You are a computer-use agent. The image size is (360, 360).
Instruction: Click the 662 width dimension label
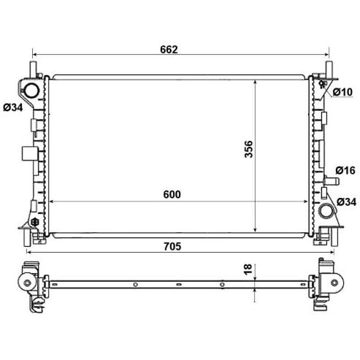pos(169,50)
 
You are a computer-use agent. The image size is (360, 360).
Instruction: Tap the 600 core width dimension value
pos(172,194)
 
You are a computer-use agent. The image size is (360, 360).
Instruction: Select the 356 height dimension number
pos(248,149)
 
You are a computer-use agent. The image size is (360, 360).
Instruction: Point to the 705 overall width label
pos(172,247)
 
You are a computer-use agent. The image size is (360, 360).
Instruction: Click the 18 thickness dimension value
pos(248,269)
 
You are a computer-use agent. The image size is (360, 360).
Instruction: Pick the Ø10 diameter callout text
pos(342,92)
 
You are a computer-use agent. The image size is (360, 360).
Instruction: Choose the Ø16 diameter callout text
pos(345,170)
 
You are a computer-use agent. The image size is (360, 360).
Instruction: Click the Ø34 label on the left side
pos(13,107)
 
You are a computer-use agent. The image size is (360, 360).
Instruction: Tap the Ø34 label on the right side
pos(347,202)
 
